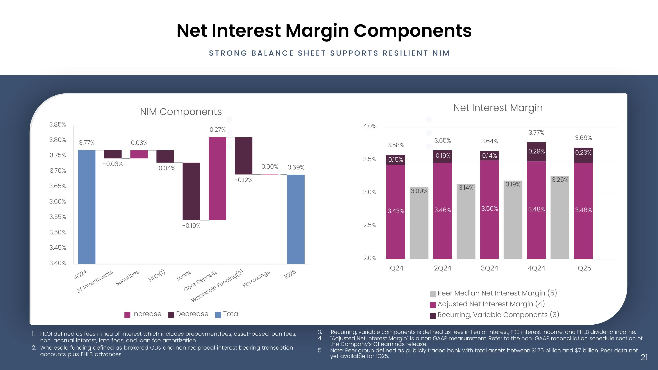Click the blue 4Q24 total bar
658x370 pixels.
(x=87, y=207)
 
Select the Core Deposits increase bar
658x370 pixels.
(x=217, y=179)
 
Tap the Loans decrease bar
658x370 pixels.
(x=191, y=191)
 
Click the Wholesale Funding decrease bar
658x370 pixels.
(x=243, y=156)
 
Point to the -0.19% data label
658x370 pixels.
(x=191, y=226)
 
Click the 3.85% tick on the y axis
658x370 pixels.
(x=57, y=125)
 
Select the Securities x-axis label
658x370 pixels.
(x=127, y=278)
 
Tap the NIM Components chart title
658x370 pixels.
(x=181, y=112)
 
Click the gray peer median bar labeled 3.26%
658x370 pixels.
(x=560, y=217)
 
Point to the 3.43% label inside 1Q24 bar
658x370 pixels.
(x=396, y=211)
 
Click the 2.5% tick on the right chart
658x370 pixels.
(x=369, y=225)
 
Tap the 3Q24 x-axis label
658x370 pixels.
(x=489, y=268)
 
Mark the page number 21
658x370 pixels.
(x=644, y=357)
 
